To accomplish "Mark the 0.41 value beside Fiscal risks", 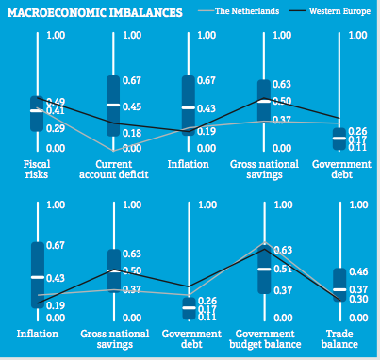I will (x=54, y=112).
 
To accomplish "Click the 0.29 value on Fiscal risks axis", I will (x=54, y=128).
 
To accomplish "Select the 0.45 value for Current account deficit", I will (x=131, y=106).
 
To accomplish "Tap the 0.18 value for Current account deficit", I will (x=131, y=133).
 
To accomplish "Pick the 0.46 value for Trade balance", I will (x=357, y=272).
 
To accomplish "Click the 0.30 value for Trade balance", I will (x=357, y=299).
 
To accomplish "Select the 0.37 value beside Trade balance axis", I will (x=357, y=289).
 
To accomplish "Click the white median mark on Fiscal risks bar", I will (x=37, y=111).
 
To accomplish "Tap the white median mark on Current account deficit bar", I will (x=112, y=105).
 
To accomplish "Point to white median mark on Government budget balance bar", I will (x=263, y=269).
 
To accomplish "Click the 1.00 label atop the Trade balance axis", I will (x=357, y=205).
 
